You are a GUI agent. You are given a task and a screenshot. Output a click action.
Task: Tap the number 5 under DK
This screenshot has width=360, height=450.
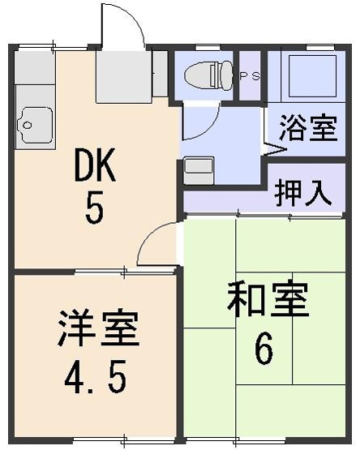(95, 211)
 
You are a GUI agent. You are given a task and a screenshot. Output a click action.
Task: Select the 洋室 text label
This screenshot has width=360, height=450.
(98, 328)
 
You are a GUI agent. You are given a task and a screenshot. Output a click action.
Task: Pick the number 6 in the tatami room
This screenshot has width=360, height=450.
(264, 349)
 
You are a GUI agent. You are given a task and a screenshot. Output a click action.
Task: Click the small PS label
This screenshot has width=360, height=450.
(249, 76)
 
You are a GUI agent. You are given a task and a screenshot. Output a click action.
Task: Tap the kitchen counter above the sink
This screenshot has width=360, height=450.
(32, 77)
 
